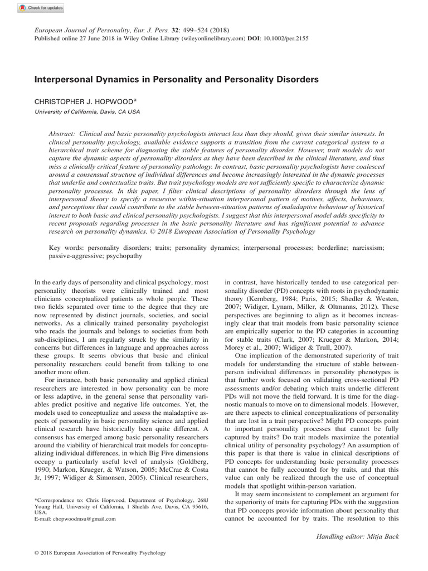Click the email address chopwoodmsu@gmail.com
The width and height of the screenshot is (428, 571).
(x=83, y=519)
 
